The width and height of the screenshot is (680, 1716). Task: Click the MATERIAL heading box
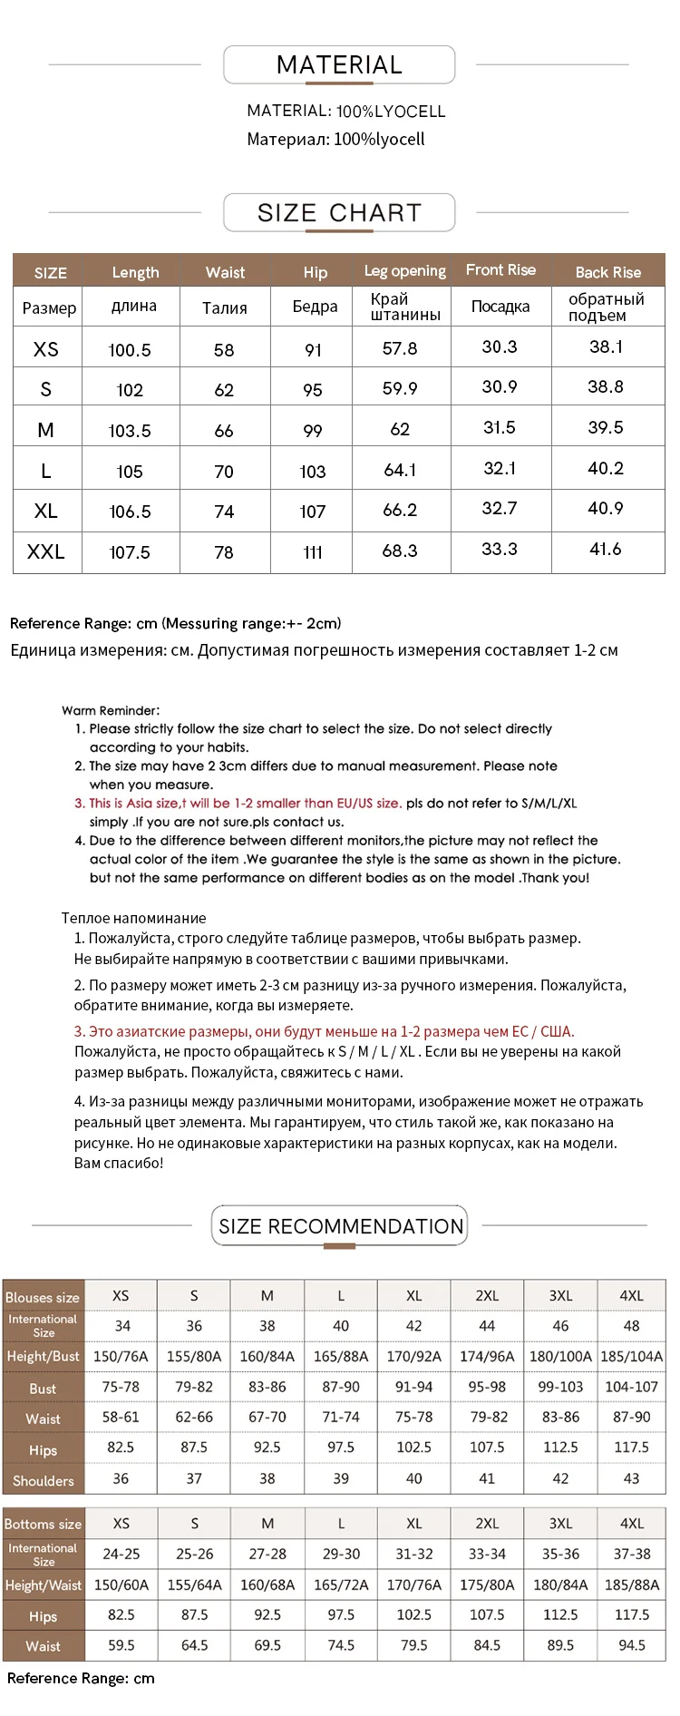pyautogui.click(x=339, y=65)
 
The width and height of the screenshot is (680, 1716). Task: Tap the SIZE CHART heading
pyautogui.click(x=339, y=213)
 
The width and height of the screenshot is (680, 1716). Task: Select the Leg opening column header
pyautogui.click(x=404, y=271)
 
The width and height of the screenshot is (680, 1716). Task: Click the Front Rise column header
pyautogui.click(x=500, y=270)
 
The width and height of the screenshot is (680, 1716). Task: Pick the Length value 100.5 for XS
pyautogui.click(x=130, y=350)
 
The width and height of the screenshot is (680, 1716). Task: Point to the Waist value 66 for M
pyautogui.click(x=224, y=431)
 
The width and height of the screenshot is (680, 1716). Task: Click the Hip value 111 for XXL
pyautogui.click(x=313, y=552)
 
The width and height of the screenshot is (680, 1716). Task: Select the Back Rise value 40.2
pyautogui.click(x=606, y=468)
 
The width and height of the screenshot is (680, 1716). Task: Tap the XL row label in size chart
pyautogui.click(x=46, y=511)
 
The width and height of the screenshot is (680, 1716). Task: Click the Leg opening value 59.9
pyautogui.click(x=400, y=388)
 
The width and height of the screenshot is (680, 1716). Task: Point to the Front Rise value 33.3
pyautogui.click(x=500, y=549)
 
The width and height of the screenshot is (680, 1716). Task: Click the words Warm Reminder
pyautogui.click(x=111, y=711)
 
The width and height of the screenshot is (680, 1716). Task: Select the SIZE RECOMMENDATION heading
pyautogui.click(x=340, y=1226)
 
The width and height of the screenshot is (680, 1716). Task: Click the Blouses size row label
pyautogui.click(x=43, y=1297)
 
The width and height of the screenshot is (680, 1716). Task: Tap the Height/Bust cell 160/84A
pyautogui.click(x=267, y=1357)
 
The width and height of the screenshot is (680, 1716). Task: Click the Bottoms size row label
pyautogui.click(x=43, y=1524)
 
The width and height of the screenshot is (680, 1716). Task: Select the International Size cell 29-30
pyautogui.click(x=341, y=1554)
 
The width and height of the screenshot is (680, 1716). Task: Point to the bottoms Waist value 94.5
pyautogui.click(x=631, y=1644)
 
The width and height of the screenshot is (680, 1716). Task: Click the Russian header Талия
pyautogui.click(x=225, y=308)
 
